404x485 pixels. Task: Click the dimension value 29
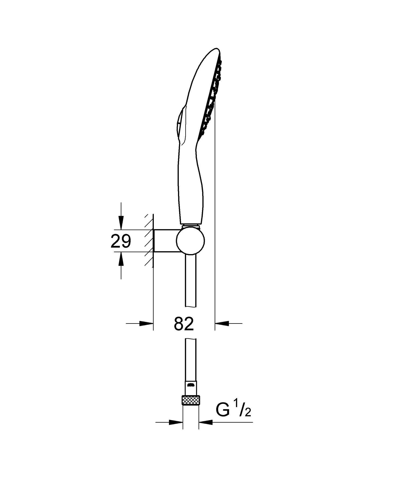point(121,241)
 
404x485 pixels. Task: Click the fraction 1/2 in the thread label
point(245,409)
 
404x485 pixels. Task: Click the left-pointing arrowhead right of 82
point(221,323)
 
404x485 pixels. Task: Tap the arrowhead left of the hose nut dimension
point(176,422)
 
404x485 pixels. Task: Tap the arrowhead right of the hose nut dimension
point(205,422)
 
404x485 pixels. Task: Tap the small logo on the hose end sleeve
point(191,385)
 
